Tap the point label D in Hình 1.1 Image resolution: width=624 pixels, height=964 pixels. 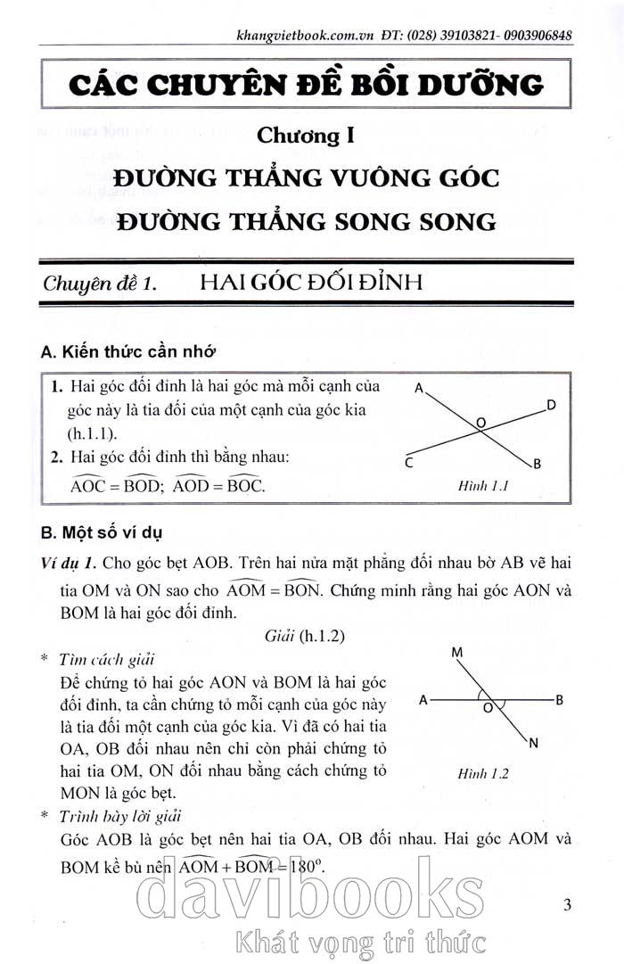click(552, 406)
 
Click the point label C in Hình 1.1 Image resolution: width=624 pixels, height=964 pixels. click(407, 462)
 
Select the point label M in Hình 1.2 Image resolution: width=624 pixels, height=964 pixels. click(456, 654)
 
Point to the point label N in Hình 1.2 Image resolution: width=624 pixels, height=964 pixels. click(534, 743)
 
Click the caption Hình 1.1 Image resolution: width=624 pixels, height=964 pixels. click(482, 487)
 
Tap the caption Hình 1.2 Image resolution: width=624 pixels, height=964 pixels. click(482, 773)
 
